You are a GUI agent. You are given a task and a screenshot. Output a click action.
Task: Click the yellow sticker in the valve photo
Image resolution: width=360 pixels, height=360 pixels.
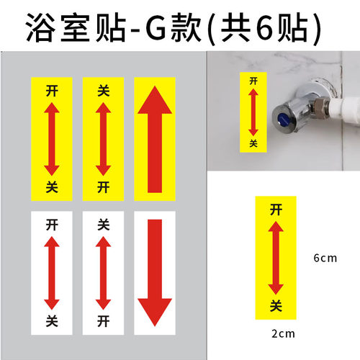[253, 110]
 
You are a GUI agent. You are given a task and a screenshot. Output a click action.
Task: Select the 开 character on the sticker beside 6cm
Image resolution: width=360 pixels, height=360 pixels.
[275, 210]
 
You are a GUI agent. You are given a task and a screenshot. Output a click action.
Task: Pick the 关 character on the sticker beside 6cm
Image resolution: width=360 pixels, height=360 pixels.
[275, 306]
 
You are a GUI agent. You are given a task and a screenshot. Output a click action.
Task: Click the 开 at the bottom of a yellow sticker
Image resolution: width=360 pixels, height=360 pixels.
[102, 187]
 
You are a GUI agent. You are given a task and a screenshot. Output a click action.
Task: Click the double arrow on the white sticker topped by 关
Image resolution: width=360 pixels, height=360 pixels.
[102, 272]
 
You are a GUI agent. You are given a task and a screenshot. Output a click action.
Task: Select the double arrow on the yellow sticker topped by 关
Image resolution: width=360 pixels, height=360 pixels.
[102, 138]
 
